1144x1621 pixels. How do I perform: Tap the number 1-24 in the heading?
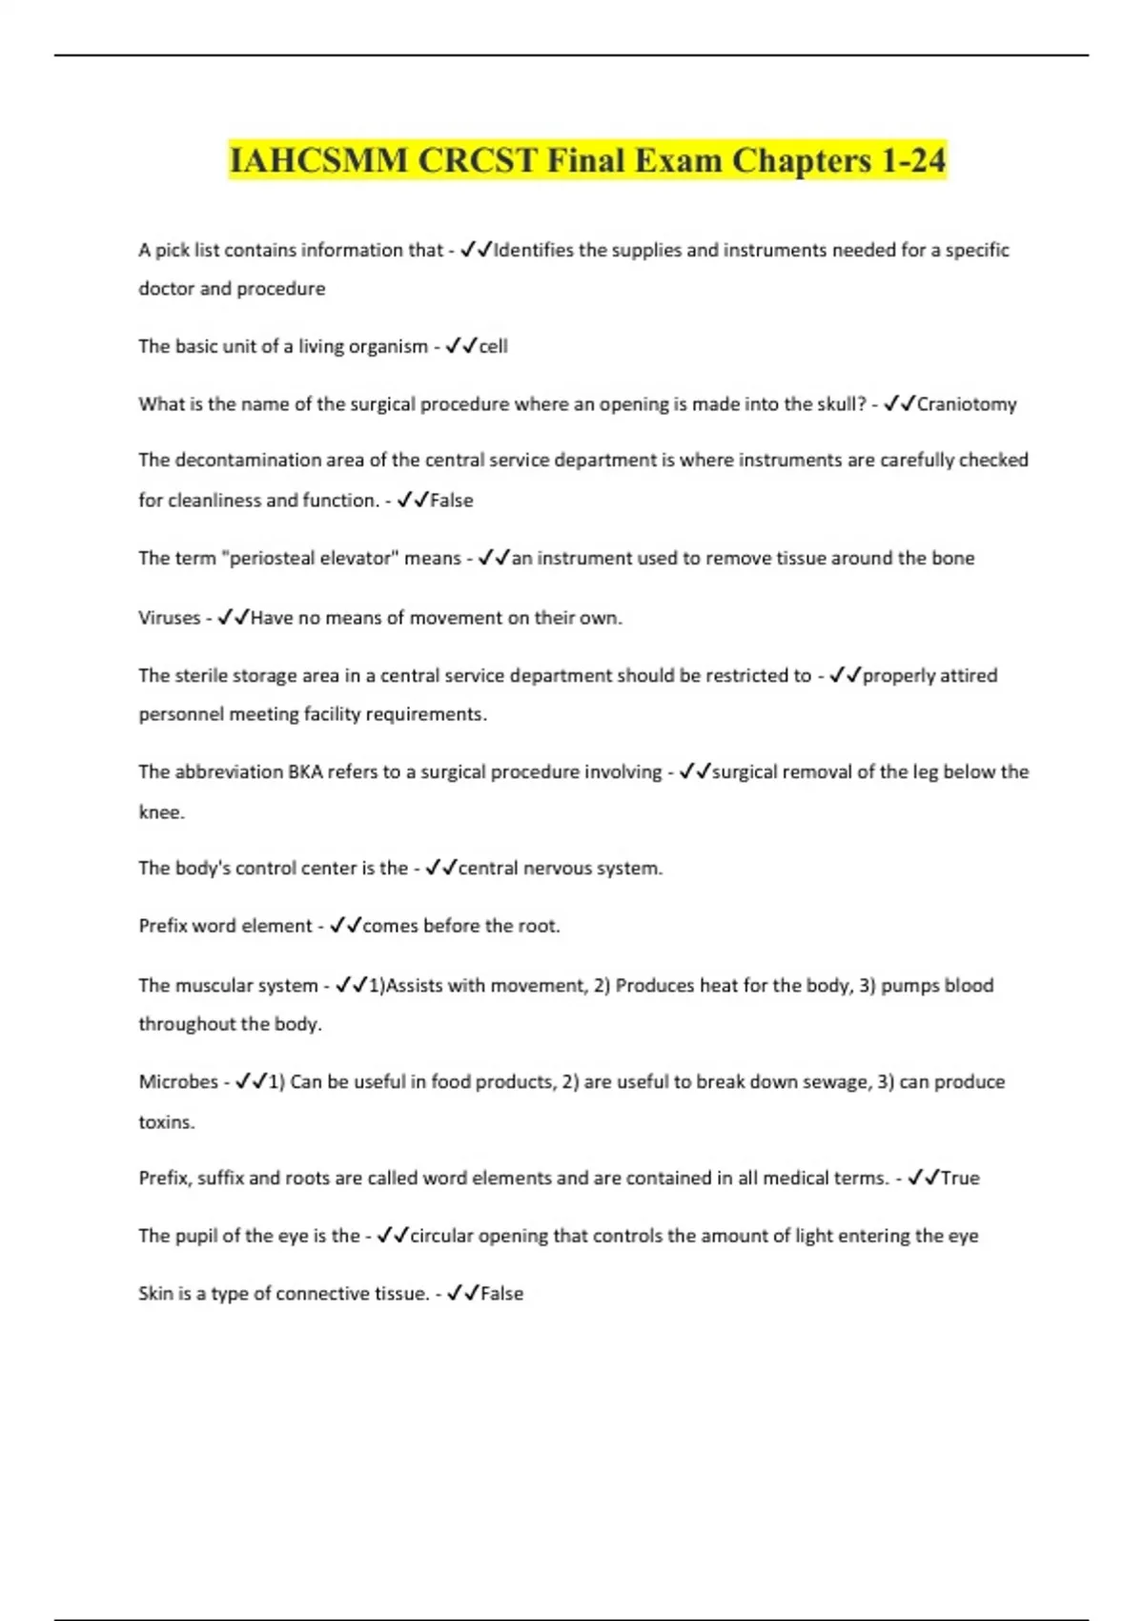click(x=912, y=160)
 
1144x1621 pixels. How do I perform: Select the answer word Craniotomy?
click(x=967, y=404)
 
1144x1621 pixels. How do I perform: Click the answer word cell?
click(x=493, y=346)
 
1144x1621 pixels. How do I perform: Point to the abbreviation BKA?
click(x=305, y=771)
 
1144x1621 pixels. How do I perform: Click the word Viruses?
click(x=169, y=618)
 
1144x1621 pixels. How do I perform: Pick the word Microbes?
click(x=178, y=1082)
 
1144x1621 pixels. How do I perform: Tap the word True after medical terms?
click(x=960, y=1179)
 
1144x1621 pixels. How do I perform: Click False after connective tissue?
click(x=501, y=1294)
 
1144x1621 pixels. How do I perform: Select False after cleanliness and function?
click(x=451, y=501)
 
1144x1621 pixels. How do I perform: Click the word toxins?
click(x=166, y=1122)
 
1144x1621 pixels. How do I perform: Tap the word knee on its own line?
click(x=159, y=812)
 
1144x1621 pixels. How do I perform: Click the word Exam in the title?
click(x=680, y=160)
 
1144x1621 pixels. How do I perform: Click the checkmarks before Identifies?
click(x=476, y=250)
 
